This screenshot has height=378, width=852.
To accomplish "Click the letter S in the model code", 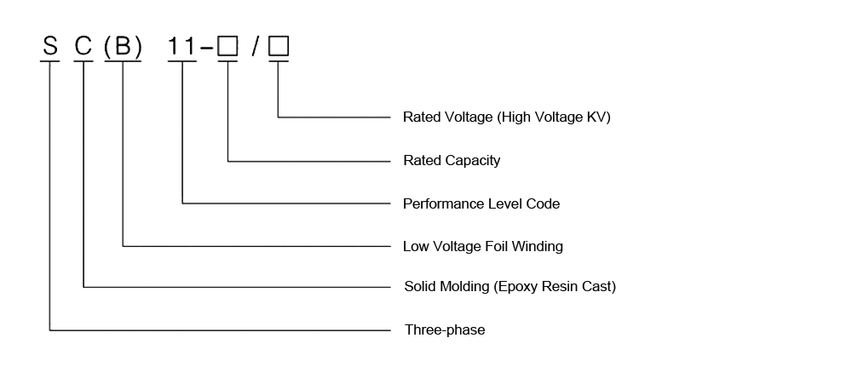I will (50, 47).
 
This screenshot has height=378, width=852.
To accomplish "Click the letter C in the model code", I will (83, 47).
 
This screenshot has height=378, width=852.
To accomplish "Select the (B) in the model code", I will (123, 47).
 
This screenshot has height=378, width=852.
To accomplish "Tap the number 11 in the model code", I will (181, 47).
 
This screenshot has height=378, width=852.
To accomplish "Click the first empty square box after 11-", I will (227, 48).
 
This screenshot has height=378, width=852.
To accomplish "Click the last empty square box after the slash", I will (279, 48).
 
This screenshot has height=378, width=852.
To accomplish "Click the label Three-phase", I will (444, 329).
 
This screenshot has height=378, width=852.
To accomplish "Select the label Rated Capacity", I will (451, 160).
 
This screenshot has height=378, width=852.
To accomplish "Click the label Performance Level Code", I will (481, 204).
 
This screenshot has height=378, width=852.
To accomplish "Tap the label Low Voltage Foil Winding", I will (482, 247).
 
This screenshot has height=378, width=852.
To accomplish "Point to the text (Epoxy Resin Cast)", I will (554, 287).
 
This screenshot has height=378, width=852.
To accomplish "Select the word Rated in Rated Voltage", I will (420, 117).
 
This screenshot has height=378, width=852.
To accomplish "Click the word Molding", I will (463, 287).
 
